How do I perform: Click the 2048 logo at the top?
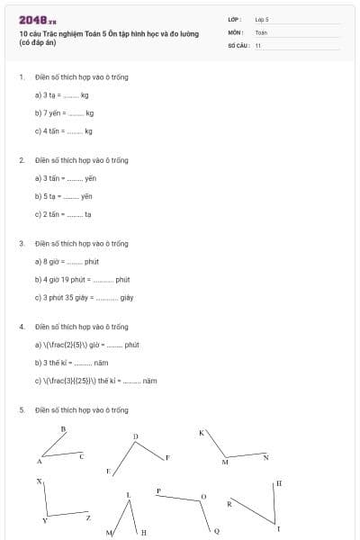coord(37,20)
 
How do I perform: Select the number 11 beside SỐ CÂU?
coord(258,45)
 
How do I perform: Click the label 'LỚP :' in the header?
coord(235,19)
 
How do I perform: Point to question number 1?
coord(21,76)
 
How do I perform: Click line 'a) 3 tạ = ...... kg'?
coord(61,94)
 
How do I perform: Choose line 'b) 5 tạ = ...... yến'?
coord(63,196)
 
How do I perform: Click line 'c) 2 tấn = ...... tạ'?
coord(63,214)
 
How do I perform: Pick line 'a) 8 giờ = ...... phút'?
coord(66,261)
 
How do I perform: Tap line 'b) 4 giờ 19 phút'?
coord(82,279)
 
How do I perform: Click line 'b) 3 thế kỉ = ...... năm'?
coord(71,363)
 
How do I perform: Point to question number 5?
coord(21,409)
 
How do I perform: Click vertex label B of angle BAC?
coord(63,429)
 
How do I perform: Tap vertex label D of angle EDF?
coord(136,437)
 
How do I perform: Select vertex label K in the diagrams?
coord(201,433)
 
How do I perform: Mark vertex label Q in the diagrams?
coord(217,531)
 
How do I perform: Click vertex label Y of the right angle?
coord(45,521)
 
